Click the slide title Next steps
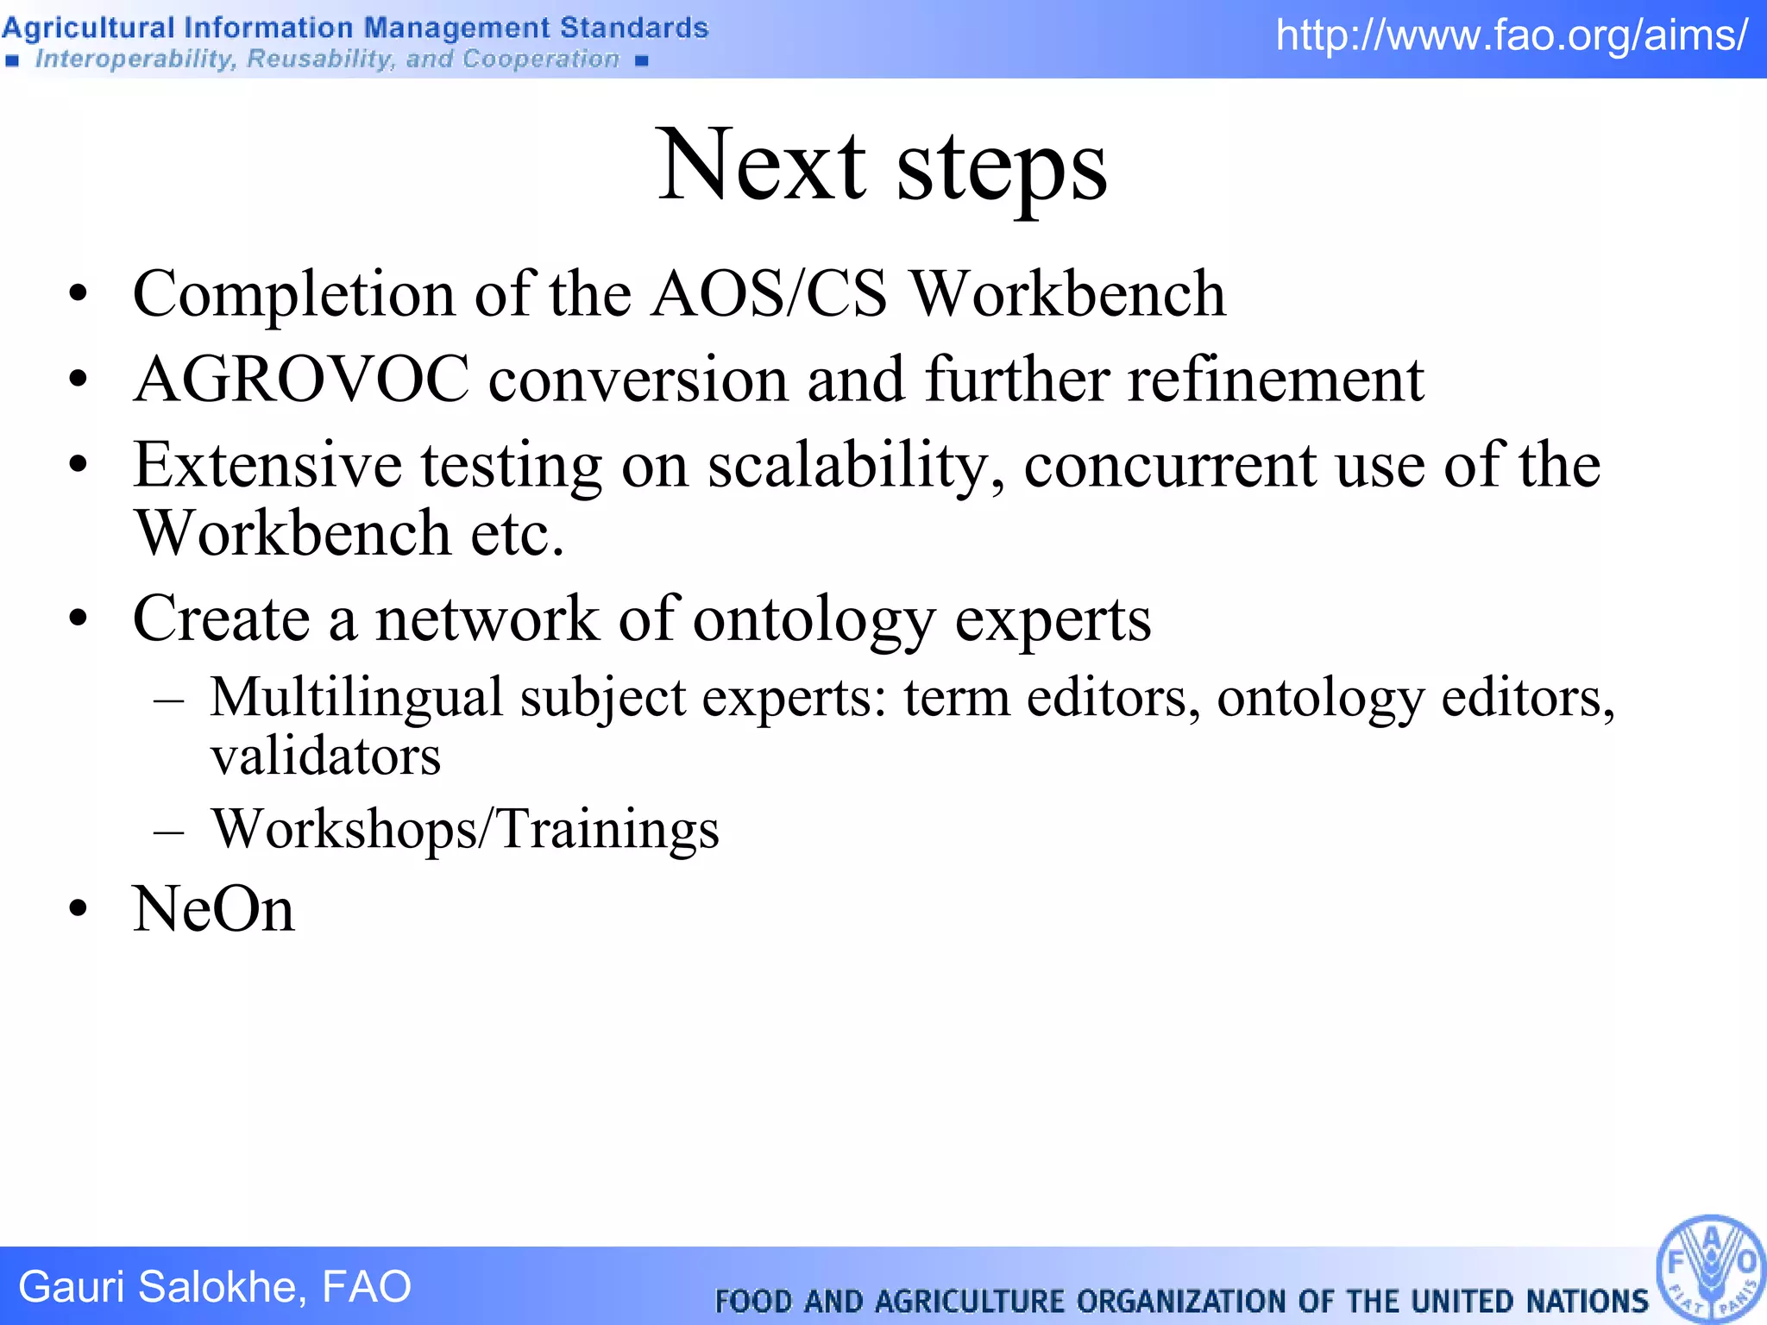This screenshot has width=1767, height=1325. coord(882,166)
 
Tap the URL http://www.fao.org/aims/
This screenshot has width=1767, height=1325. coord(1512,36)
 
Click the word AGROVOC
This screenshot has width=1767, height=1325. coord(301,380)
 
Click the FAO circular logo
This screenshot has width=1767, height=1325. coord(1710,1269)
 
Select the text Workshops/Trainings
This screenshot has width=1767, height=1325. coord(465,829)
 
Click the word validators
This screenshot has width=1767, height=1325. coord(325,757)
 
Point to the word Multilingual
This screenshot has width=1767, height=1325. coord(355,697)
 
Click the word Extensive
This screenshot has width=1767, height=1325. coord(267,466)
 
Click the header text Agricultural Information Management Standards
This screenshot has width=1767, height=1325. coord(355,28)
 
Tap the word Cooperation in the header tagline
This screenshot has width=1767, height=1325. coord(540,59)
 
